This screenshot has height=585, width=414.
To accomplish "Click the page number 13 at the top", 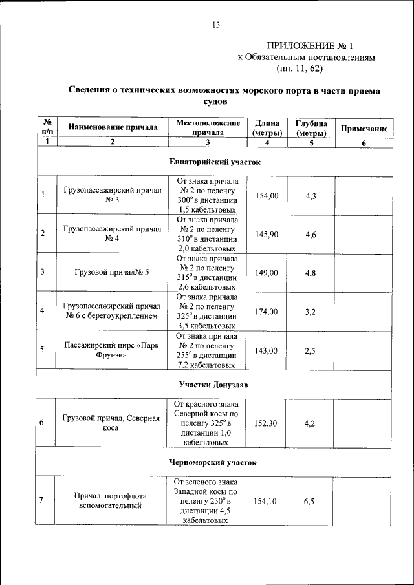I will [216, 25].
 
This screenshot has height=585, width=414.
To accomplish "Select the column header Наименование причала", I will [113, 127].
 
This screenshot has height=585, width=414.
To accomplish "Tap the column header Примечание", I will [364, 129].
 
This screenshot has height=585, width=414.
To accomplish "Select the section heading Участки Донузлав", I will [213, 385].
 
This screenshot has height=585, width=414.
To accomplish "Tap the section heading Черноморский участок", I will [213, 462].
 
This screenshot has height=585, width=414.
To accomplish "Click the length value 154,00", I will [267, 195].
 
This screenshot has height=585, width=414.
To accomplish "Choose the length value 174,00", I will [267, 311].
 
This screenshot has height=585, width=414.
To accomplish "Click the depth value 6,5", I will [310, 501].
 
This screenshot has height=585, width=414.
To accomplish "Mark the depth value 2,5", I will [310, 350].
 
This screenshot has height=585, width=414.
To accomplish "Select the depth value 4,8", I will [310, 272].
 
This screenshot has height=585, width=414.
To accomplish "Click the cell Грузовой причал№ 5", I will [112, 272].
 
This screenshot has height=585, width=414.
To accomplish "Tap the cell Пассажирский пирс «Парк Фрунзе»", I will [112, 350].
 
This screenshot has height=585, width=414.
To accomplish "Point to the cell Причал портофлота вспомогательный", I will [112, 501].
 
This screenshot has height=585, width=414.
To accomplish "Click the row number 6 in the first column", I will [43, 423].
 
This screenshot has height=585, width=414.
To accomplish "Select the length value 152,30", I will [267, 423].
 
